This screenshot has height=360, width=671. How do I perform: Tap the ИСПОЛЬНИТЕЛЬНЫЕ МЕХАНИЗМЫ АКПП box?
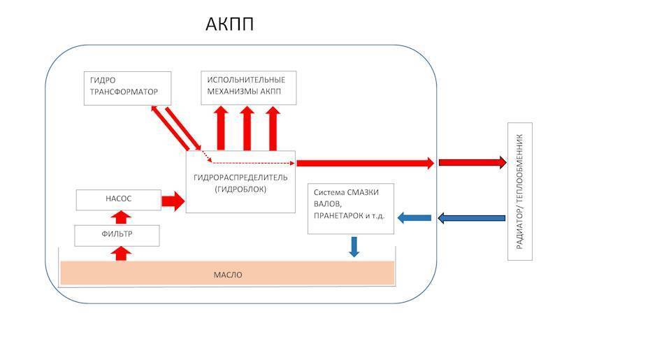pos(248,87)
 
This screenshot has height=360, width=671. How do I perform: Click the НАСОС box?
pos(118,199)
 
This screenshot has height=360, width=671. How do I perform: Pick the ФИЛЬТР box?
pos(117,236)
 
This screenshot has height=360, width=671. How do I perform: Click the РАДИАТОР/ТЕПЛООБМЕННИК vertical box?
pos(519,192)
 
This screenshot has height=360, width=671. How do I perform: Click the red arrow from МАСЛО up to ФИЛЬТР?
pos(121,252)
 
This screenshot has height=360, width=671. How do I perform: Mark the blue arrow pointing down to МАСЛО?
pos(354,246)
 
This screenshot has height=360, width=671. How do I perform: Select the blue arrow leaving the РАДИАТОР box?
pos(471,218)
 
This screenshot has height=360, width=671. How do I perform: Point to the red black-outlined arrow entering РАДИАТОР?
pos(472,163)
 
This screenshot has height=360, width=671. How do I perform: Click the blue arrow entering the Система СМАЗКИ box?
pos(414,218)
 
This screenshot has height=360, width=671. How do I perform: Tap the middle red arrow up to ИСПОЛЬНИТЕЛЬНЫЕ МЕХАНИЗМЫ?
pos(247,128)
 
